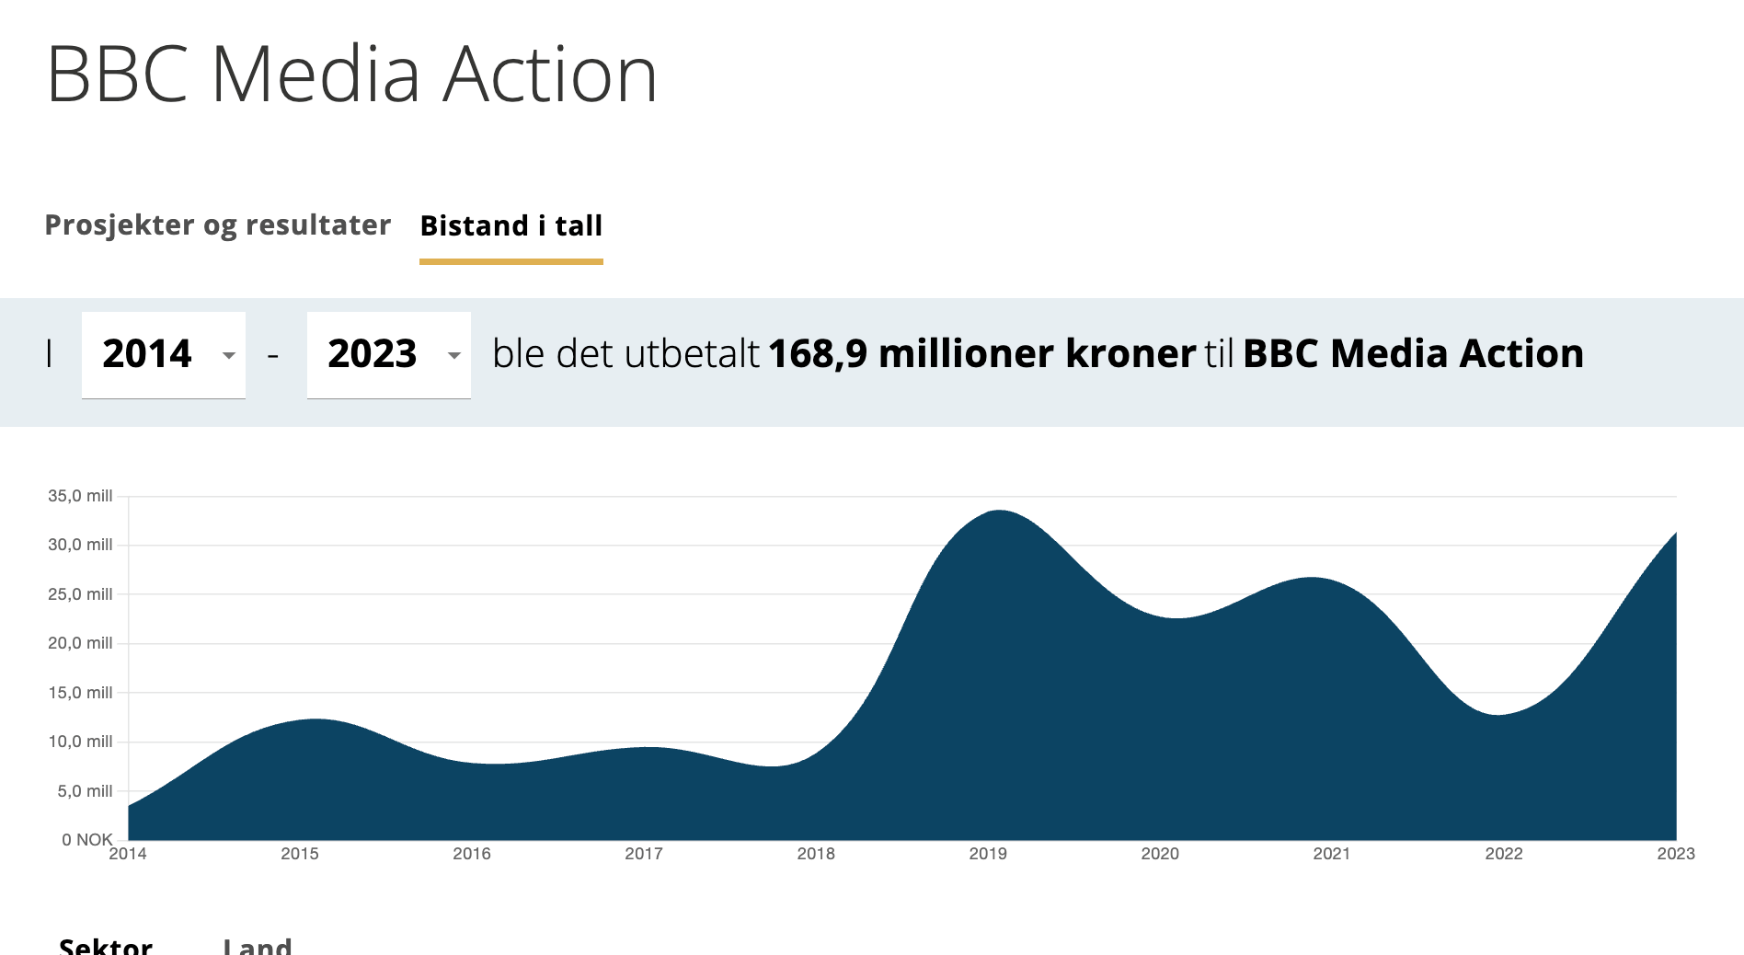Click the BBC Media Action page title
351,75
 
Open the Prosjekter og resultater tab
218,225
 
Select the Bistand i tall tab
511,226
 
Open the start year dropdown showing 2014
164,354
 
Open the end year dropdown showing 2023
388,354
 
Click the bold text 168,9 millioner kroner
981,354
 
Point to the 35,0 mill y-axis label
80,496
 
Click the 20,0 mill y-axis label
80,643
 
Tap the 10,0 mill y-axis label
80,742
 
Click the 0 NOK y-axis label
86,840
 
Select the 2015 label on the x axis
300,854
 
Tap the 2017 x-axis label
644,854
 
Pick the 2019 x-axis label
988,854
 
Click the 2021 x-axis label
1332,854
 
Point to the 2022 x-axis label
1504,854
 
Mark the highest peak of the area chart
999,511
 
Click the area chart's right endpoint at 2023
1675,534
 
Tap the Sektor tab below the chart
106,946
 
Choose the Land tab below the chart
258,946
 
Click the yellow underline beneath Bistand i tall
511,262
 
